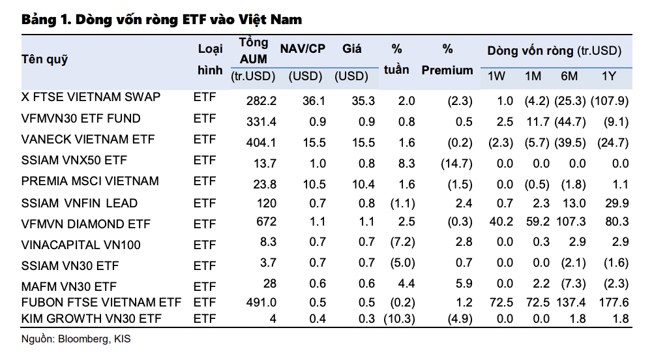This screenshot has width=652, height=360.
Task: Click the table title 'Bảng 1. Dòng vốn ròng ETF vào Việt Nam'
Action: click(x=162, y=20)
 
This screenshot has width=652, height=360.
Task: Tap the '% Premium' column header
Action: click(x=447, y=60)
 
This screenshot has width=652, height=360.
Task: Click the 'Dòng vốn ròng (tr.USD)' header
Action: click(x=554, y=50)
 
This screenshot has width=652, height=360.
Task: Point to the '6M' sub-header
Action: click(x=569, y=76)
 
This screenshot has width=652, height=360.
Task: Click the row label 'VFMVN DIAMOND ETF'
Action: click(x=85, y=224)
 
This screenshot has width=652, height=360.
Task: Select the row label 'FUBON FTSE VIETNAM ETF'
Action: click(x=101, y=303)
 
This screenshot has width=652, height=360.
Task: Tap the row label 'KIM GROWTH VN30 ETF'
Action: click(x=91, y=318)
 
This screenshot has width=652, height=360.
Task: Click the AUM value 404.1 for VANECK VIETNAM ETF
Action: click(x=261, y=142)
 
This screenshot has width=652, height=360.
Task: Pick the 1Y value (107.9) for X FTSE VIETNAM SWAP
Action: click(x=609, y=101)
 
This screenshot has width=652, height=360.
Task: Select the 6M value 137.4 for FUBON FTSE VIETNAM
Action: click(x=570, y=303)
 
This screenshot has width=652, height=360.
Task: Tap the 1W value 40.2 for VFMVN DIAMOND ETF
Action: click(x=502, y=221)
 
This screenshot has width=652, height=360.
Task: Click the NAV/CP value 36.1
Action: click(x=314, y=101)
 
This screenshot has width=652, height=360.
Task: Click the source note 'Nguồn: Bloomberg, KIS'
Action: click(x=76, y=339)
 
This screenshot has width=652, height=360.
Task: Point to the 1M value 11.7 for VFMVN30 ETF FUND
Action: click(x=535, y=121)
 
